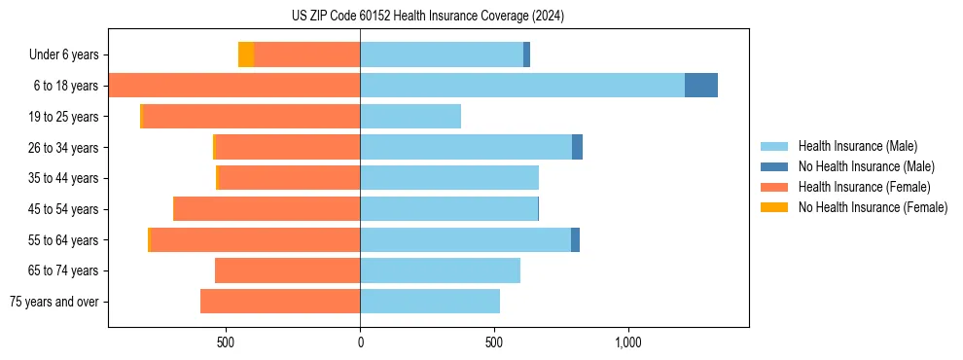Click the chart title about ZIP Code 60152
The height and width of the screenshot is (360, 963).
pos(428,17)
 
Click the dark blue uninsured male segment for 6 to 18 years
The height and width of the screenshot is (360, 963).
pos(701,86)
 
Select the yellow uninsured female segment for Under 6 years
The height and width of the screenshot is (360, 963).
pos(246,55)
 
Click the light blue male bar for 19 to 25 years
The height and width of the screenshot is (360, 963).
pos(410,117)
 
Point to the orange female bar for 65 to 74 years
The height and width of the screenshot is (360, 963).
pos(288,270)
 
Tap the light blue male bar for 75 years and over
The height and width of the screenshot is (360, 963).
pos(430,302)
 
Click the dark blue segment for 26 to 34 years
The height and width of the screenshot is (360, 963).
pos(578,148)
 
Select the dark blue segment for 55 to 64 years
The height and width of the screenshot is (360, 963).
pos(575,239)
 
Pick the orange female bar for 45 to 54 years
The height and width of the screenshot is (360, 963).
pos(267,209)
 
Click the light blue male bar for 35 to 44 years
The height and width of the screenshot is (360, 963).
pos(449,178)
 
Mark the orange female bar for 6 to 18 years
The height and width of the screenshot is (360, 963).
pos(234,86)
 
